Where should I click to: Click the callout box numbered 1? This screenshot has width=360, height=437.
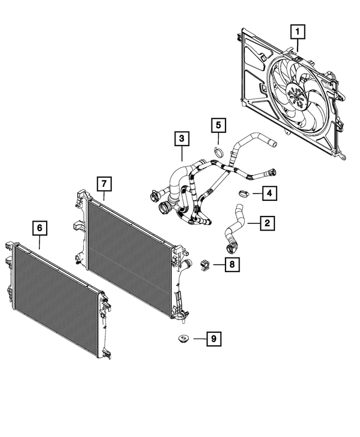tap(298, 32)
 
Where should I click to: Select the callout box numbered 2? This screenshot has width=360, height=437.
tap(267, 223)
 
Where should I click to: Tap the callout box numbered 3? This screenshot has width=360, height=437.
tap(182, 138)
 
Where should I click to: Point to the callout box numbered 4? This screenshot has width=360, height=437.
tap(269, 194)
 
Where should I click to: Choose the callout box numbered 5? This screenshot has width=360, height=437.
tap(219, 125)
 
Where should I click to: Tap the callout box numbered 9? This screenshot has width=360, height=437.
tap(213, 339)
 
